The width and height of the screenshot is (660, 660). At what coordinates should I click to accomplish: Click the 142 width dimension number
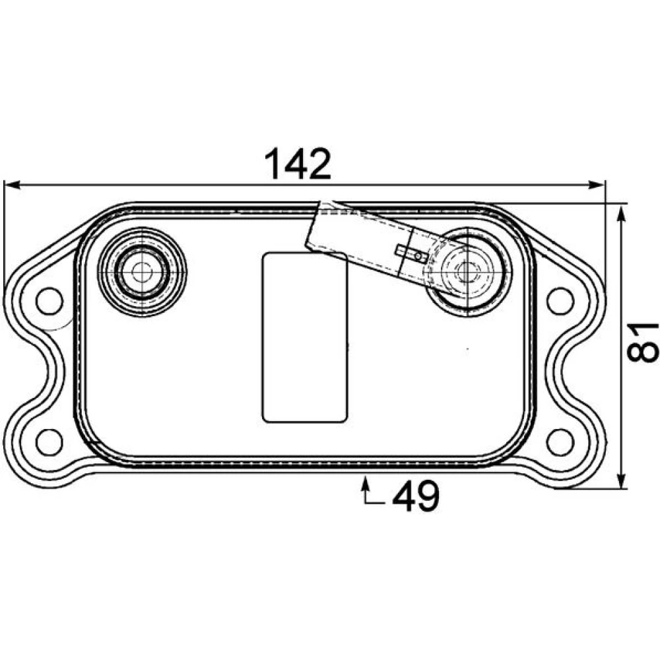(298, 164)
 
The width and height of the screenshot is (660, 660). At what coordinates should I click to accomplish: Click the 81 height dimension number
(642, 342)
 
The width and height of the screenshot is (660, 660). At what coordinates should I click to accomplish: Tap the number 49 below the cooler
(416, 496)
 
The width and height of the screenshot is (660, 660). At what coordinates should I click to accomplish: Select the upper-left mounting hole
(49, 301)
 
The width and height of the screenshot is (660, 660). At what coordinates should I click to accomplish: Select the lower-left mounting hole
(49, 442)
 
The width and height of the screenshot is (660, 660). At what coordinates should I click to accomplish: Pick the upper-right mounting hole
(560, 301)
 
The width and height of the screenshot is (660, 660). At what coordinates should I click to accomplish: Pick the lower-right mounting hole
(560, 442)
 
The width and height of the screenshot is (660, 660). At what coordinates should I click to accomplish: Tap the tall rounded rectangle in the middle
(305, 337)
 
